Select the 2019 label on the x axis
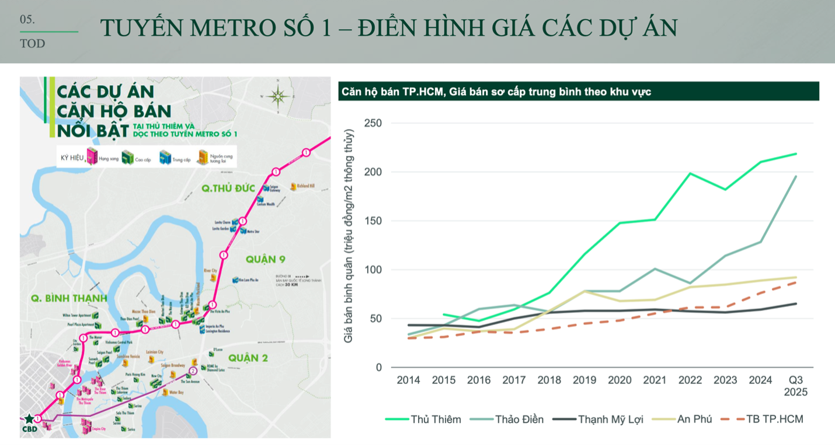point(584,380)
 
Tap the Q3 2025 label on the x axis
point(796,386)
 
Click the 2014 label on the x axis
point(408,380)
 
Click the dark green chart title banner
point(578,91)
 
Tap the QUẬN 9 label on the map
point(265,259)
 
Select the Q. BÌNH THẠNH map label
point(69,299)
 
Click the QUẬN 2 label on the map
point(248,358)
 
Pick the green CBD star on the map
point(29,419)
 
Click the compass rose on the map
point(277,96)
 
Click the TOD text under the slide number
point(32,44)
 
